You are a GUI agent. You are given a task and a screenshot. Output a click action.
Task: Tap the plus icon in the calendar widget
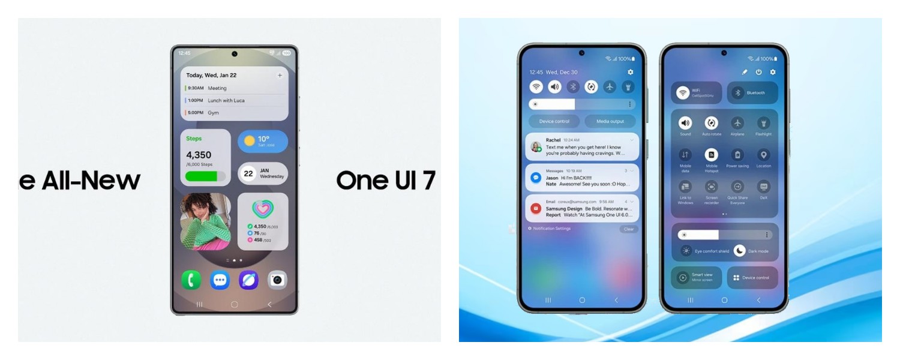coord(280,76)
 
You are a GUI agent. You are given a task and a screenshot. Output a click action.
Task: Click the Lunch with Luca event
coord(226,100)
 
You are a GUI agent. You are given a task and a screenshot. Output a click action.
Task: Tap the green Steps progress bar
coord(205,176)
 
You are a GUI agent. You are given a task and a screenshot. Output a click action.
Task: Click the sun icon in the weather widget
coord(250,142)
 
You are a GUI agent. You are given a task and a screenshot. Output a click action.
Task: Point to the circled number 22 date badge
coord(248,174)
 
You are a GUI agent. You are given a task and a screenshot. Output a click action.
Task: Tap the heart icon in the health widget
coord(263,209)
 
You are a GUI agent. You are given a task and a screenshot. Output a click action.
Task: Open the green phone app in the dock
coord(191,280)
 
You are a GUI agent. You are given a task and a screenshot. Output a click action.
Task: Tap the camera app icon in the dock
coord(277,280)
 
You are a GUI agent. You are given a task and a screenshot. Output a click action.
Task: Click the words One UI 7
coord(386,180)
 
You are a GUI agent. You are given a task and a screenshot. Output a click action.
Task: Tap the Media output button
coord(610,121)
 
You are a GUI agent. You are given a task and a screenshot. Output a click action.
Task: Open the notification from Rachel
coord(581,147)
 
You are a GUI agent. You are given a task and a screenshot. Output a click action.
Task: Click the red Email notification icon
coord(536,209)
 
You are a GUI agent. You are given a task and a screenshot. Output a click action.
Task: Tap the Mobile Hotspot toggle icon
coord(711,155)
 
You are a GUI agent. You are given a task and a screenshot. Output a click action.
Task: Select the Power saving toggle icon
coord(737,155)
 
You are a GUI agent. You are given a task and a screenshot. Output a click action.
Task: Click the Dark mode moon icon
coord(740,251)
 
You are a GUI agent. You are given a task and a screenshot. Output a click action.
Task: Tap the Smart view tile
coord(696,277)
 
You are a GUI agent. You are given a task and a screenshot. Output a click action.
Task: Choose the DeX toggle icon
coord(763,187)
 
